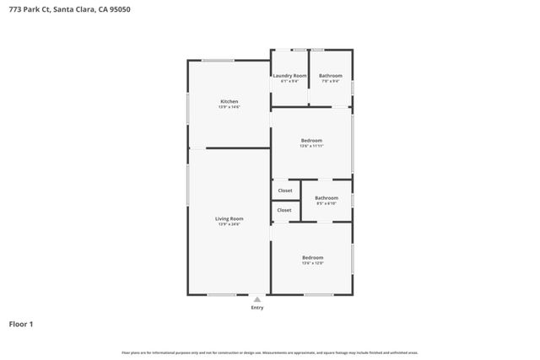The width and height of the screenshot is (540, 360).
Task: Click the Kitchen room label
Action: [x=229, y=101]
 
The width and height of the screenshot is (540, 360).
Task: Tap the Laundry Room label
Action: [x=289, y=76]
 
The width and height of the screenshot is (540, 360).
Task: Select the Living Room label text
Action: [x=229, y=218]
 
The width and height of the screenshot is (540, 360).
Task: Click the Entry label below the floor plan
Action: [x=257, y=308]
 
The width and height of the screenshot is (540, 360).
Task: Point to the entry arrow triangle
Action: [x=257, y=298]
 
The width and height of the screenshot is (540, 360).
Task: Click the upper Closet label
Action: [x=284, y=191]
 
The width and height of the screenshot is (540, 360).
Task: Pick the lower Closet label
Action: [x=284, y=210]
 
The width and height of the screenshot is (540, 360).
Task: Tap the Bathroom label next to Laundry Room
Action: [x=330, y=76]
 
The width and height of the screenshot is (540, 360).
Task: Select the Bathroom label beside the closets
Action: [x=327, y=198]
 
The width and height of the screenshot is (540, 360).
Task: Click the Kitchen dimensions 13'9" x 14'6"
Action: [x=229, y=107]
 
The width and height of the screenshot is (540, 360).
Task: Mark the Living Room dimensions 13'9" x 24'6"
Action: [x=229, y=224]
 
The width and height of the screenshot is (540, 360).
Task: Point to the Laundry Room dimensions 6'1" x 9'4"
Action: [x=289, y=82]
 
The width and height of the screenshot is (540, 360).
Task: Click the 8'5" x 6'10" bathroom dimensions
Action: [x=327, y=204]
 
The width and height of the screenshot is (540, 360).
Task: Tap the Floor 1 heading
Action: [x=21, y=324]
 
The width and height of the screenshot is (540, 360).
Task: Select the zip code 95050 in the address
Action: [x=120, y=10]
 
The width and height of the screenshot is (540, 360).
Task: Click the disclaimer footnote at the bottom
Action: [x=269, y=353]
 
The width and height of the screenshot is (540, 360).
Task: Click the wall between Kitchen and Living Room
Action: [x=238, y=148]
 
